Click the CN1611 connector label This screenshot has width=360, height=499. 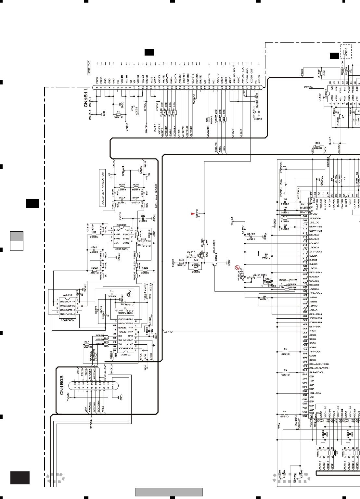pyautogui.click(x=86, y=97)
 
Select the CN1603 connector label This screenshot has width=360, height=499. pyautogui.click(x=62, y=385)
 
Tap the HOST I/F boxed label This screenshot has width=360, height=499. pyautogui.click(x=89, y=67)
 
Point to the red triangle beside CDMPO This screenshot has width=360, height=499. pyautogui.click(x=193, y=213)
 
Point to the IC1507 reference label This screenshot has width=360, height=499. pyautogui.click(x=326, y=92)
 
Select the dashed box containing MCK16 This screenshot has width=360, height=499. pyautogui.click(x=346, y=52)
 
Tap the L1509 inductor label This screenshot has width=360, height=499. pyautogui.click(x=242, y=229)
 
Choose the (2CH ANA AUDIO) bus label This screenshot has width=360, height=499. pyautogui.click(x=157, y=196)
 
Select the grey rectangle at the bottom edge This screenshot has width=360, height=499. pyautogui.click(x=169, y=492)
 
